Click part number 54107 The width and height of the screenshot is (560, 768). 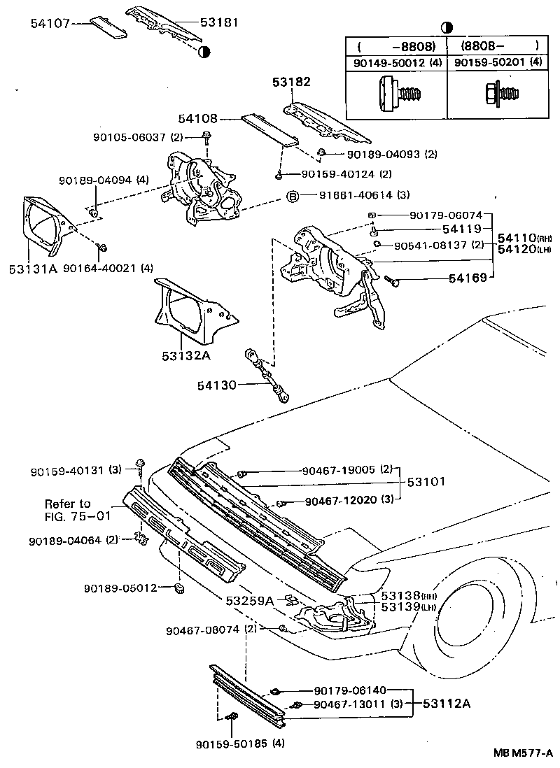[x=50, y=22]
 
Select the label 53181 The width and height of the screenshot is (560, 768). [x=219, y=22]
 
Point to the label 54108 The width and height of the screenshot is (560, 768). [x=197, y=119]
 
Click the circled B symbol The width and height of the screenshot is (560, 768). [x=293, y=195]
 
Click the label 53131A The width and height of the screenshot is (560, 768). [x=31, y=268]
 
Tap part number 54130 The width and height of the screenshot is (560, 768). [x=218, y=385]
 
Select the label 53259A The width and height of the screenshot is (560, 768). [x=249, y=600]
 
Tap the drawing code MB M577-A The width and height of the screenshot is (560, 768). [x=524, y=754]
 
